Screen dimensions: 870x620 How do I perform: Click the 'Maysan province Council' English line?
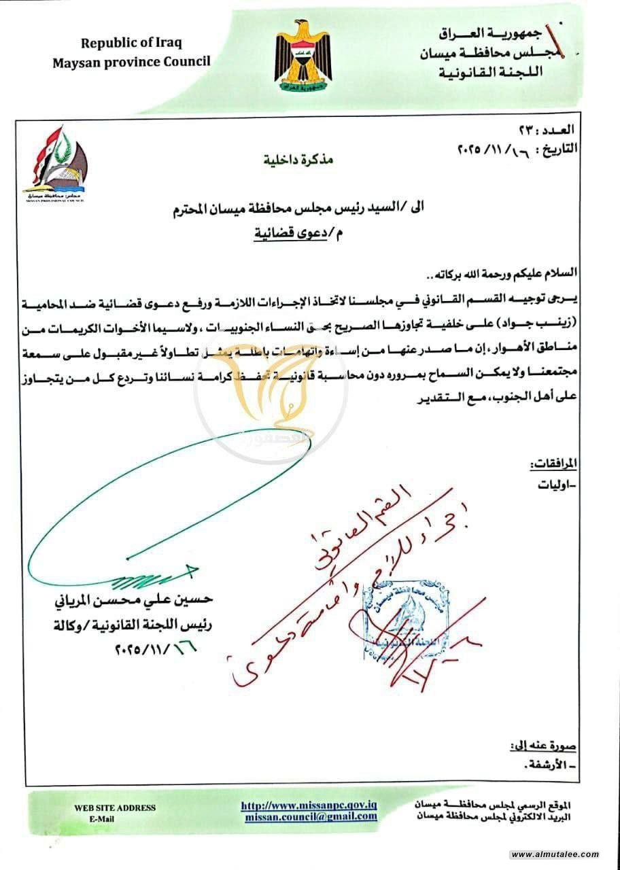tap(132, 62)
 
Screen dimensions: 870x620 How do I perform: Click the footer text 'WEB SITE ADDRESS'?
tap(115, 808)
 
